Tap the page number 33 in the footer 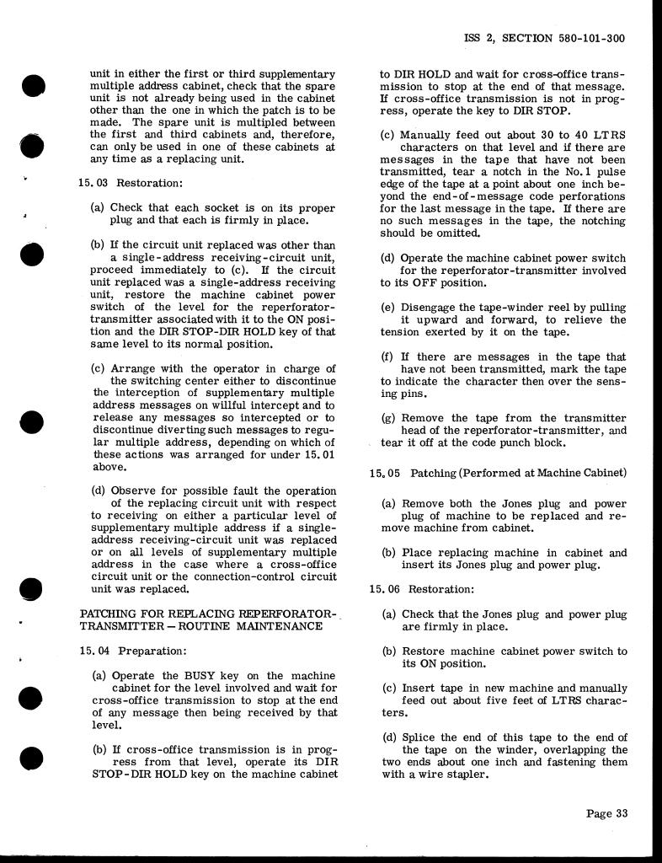point(622,813)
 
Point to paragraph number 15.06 point(383,589)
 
